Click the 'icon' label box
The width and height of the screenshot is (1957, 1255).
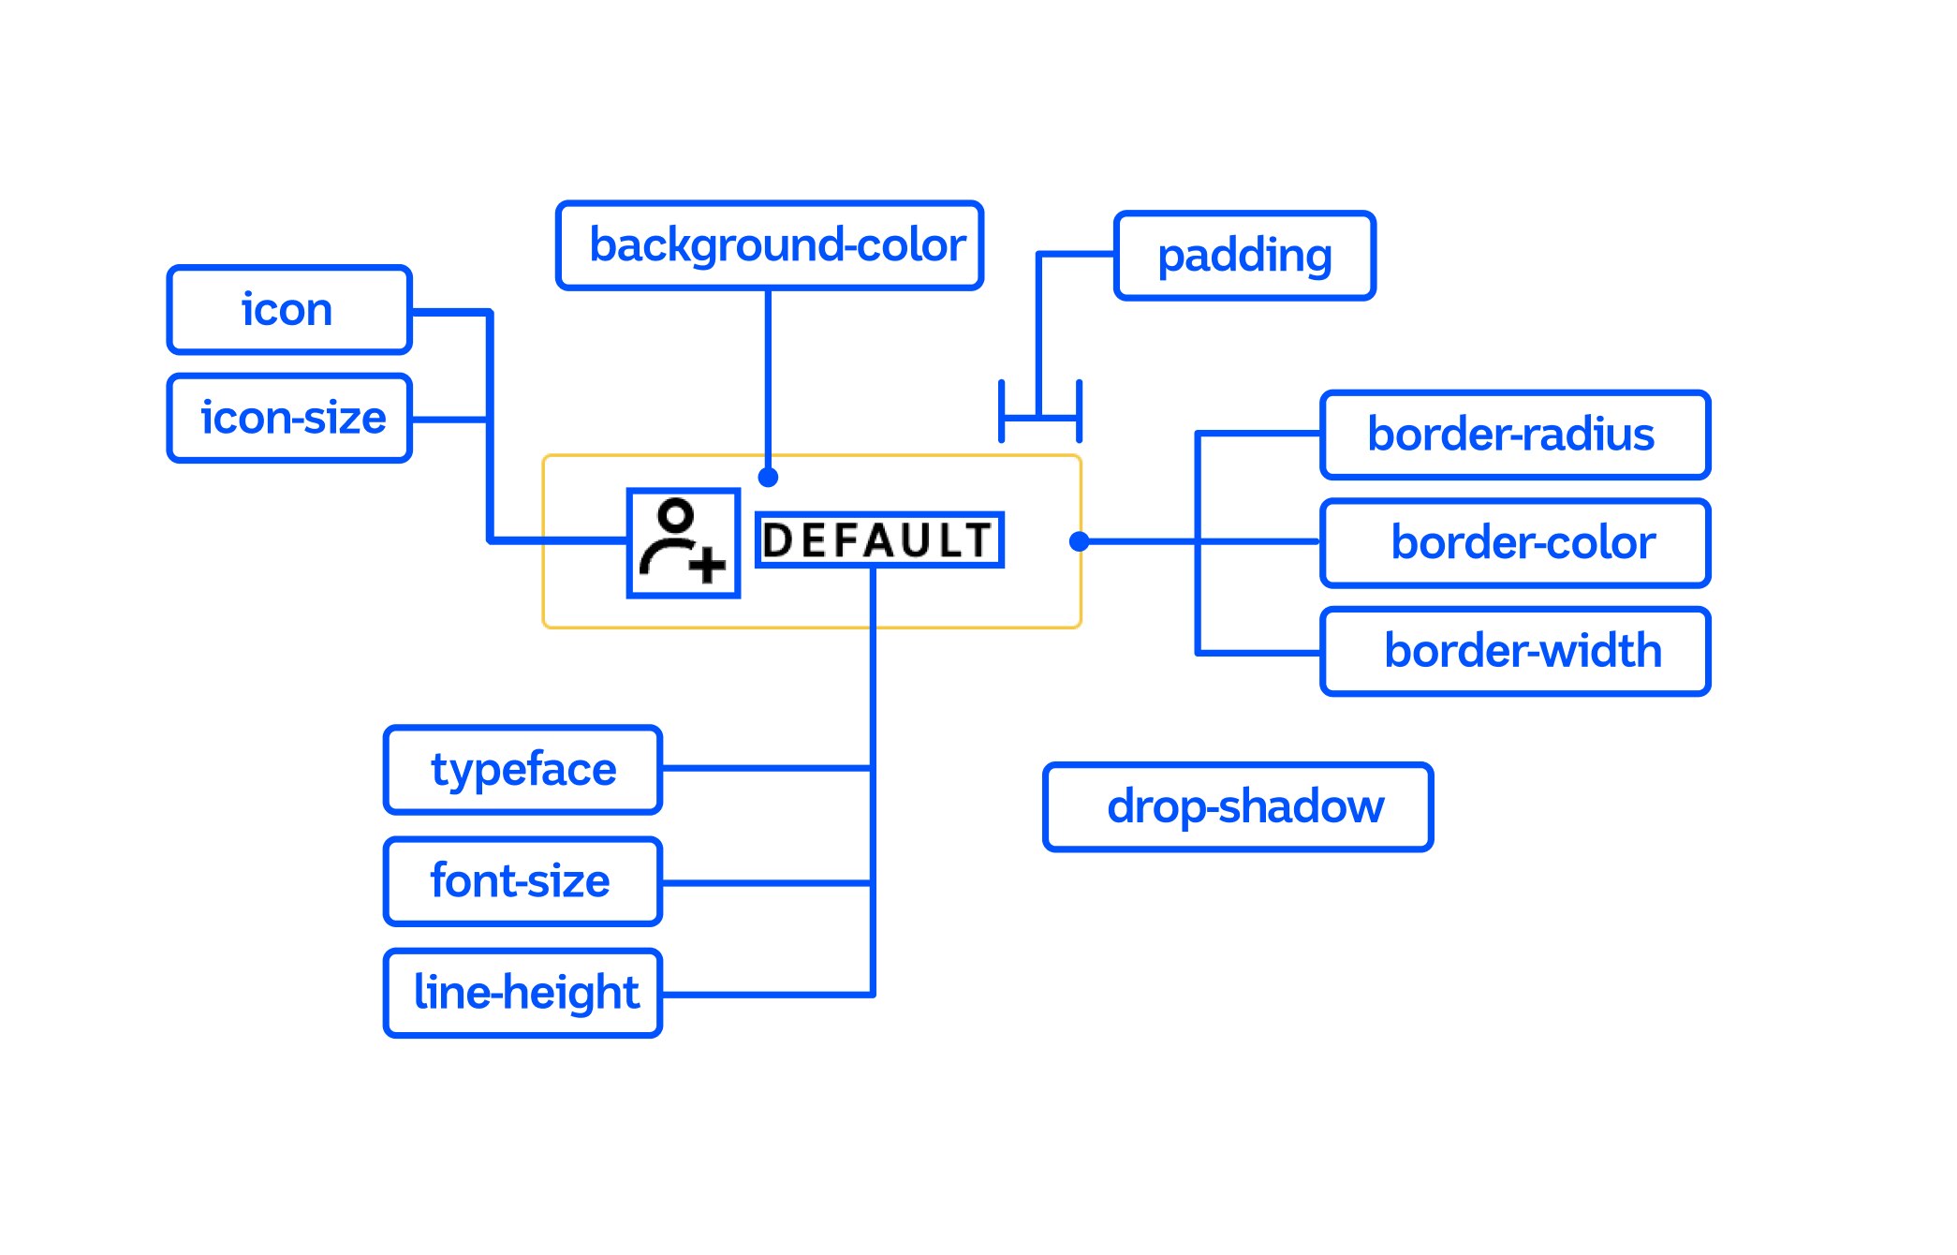point(289,310)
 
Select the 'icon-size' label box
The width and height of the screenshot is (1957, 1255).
point(289,418)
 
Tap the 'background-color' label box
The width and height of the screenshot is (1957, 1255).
point(769,245)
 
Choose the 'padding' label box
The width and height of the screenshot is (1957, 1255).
point(1244,256)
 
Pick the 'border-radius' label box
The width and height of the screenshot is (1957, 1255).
point(1514,435)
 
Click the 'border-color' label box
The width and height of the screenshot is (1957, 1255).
point(1514,543)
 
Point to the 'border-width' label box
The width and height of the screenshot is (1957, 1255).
point(1514,652)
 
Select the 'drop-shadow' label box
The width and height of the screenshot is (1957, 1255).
point(1237,806)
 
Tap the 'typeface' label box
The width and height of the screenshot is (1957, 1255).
point(522,770)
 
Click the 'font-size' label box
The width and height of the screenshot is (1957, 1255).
point(522,881)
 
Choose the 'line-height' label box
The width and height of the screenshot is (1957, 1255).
point(522,993)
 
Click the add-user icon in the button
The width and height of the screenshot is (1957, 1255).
point(683,542)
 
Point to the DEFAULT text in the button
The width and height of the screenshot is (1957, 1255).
point(878,540)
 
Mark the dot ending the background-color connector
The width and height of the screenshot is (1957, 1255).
point(768,478)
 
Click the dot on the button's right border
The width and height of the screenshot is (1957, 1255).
point(1079,541)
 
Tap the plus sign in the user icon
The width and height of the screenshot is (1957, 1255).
point(708,564)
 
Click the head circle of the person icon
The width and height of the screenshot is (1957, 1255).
point(675,514)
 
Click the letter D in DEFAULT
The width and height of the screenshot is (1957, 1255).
point(776,541)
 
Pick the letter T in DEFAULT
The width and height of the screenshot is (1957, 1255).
point(979,540)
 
